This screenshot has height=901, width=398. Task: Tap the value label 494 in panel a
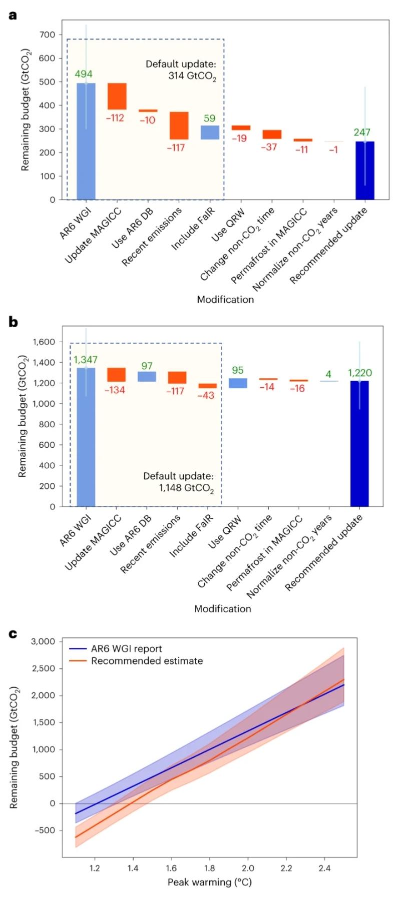click(x=84, y=75)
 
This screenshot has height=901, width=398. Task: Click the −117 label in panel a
click(x=179, y=148)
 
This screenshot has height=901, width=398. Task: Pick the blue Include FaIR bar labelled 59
click(x=210, y=132)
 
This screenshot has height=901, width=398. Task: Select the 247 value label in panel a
click(x=362, y=133)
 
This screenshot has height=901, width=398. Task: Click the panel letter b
click(x=14, y=322)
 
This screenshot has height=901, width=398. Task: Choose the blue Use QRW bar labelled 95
click(x=238, y=383)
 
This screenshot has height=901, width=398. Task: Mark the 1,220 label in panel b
click(x=360, y=373)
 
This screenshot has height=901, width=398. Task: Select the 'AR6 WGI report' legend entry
click(x=126, y=649)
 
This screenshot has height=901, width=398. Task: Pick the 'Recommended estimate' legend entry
click(x=147, y=661)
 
